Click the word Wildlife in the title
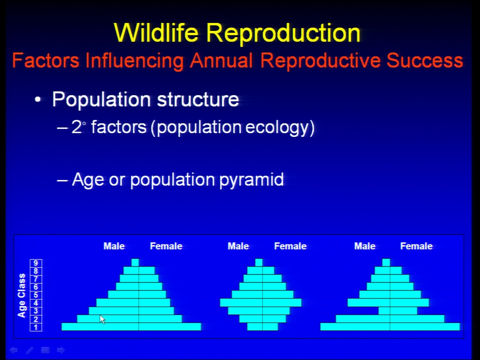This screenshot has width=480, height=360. pos(156,32)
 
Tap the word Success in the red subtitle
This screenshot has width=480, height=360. pos(424,60)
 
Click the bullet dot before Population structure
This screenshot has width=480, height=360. pos(37,99)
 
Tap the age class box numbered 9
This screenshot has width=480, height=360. pos(36,263)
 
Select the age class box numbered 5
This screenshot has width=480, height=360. pos(36,295)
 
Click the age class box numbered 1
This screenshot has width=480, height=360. pos(36,327)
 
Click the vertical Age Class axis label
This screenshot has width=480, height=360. pos(21,295)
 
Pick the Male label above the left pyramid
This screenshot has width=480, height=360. pos(114,246)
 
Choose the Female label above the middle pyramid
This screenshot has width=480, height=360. pos(290,246)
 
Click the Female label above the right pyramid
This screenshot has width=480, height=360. pos(416,246)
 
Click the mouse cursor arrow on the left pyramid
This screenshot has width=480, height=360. pos(102,319)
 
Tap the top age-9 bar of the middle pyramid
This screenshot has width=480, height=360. pos(258,262)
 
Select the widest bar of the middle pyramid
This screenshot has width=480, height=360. pos(261,303)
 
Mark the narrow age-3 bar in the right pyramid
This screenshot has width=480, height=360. pos(397,310)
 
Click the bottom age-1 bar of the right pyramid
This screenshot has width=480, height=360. pos(390,326)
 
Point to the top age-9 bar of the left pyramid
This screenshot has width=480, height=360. pos(135,262)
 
